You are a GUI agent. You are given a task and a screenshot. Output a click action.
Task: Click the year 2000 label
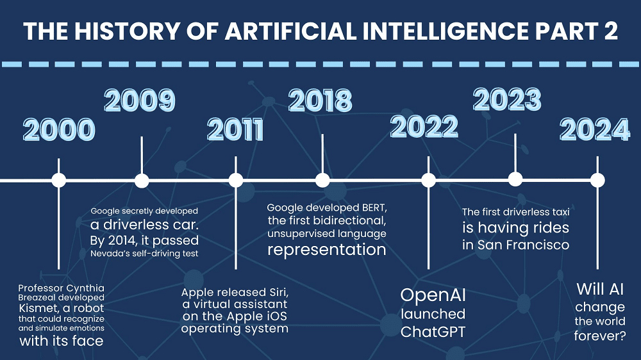pos(59,130)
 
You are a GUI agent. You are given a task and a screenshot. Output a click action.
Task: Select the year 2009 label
pos(140,100)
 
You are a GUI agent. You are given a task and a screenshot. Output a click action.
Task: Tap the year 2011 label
pos(235,130)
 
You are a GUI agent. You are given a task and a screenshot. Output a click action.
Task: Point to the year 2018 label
pos(320,100)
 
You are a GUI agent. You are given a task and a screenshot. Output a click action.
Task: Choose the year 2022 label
pos(424,126)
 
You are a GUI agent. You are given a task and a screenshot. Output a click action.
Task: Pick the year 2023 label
pos(507,99)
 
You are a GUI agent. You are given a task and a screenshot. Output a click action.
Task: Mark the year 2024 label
pos(595,130)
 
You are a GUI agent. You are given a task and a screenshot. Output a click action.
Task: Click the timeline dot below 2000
pos(59,180)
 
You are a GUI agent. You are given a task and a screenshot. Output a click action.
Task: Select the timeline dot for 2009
pos(142,180)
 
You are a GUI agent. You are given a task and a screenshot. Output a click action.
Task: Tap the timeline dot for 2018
pos(322,180)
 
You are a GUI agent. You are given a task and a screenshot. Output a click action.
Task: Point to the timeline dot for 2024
pos(597,180)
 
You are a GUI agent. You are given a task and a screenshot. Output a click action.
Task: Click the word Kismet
pos(39,308)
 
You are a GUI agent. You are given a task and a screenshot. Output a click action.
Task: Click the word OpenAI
pos(433,295)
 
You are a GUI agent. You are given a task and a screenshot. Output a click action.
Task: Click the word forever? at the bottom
pos(600,336)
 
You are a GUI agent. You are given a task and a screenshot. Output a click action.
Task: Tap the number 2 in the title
pos(611,31)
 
